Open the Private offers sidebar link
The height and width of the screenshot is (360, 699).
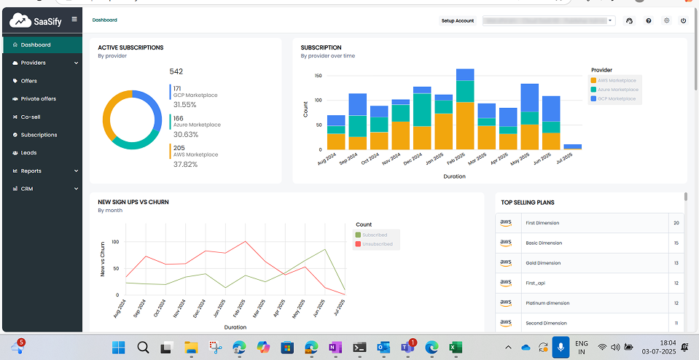38,99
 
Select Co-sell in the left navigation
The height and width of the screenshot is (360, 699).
31,117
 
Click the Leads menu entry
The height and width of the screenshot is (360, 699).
29,153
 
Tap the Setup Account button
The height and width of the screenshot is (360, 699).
458,21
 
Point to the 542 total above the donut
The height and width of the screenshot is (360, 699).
176,71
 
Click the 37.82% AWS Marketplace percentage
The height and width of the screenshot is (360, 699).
185,165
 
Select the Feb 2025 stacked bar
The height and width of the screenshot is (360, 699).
465,109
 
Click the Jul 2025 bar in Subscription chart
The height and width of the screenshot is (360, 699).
573,147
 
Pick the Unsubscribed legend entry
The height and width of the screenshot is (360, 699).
377,244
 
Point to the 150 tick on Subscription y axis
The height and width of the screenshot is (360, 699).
318,75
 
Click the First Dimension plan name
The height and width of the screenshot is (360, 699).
542,223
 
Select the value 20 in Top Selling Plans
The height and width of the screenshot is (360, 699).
676,223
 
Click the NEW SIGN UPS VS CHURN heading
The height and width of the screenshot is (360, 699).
133,202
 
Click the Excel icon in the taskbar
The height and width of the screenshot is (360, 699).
453,347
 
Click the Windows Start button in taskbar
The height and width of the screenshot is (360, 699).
119,347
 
